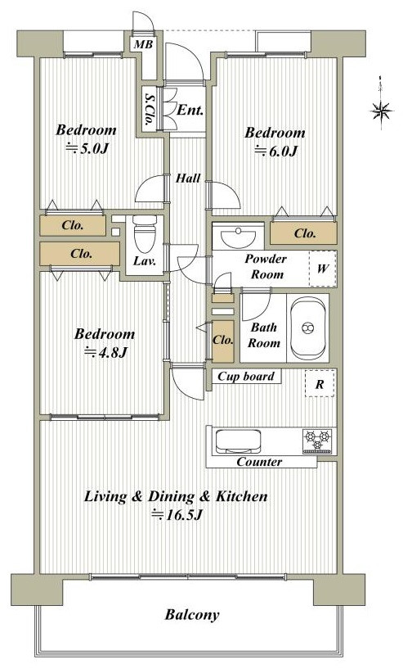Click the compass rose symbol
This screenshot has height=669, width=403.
381,111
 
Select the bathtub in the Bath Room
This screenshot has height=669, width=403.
307,328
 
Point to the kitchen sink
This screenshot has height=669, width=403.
238,441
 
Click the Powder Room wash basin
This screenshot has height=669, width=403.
238,236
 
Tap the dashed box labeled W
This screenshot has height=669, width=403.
323,269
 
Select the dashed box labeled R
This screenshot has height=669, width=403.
320,383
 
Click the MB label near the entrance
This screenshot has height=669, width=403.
143,44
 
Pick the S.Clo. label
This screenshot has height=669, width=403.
150,109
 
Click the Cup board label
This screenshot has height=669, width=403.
246,377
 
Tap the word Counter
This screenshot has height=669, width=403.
259,462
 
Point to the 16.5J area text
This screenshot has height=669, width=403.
177,515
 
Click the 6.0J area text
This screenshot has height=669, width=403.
275,151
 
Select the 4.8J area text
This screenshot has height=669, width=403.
105,352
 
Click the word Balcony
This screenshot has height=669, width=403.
192,615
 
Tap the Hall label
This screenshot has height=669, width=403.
188,178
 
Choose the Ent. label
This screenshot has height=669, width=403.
190,111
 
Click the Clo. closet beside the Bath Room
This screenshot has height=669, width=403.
223,341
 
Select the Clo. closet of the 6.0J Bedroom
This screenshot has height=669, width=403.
303,233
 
